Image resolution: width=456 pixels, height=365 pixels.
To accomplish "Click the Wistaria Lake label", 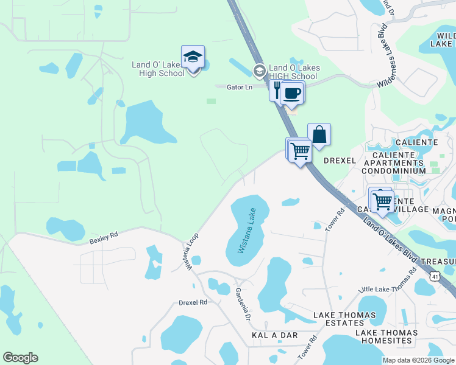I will tap(245, 232).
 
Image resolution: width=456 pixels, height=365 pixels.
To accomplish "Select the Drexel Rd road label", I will tap(193, 302).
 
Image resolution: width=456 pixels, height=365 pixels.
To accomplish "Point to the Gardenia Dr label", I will tap(243, 305).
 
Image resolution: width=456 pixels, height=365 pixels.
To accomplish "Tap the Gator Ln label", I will tap(240, 88).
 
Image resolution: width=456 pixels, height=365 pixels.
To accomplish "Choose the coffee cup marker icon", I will tap(292, 93).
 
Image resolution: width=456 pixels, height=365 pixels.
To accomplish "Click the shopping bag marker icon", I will tap(319, 134).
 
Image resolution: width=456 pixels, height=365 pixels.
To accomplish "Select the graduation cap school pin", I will tap(193, 58).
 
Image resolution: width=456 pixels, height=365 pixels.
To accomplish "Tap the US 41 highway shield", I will tap(435, 276).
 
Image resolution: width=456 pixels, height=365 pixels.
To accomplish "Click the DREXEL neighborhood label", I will tap(339, 161).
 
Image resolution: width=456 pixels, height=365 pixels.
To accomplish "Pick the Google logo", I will tap(20, 358).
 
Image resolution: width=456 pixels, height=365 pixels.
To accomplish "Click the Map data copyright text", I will tap(418, 360).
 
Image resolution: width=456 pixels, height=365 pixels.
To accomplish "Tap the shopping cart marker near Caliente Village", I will tap(382, 200).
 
